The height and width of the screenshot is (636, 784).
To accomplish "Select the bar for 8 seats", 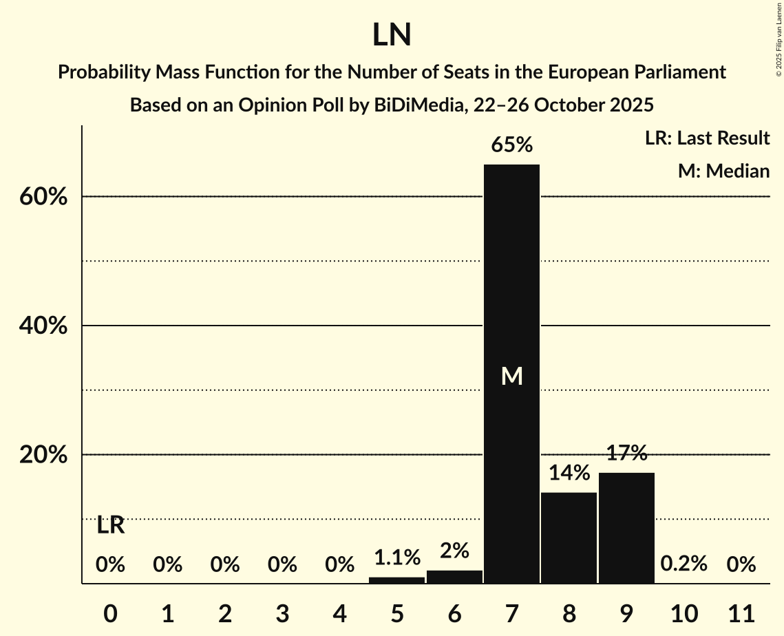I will coord(569,538).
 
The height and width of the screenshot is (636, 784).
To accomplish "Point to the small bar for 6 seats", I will coord(454,577).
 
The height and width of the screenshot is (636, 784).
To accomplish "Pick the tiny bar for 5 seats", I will coord(396,580).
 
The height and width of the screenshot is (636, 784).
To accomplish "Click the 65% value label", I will coord(511,145).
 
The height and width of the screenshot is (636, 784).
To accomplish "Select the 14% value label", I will coord(569,473).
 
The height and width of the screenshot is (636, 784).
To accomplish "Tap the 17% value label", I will coord(626,453).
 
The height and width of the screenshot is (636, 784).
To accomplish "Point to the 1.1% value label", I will coord(396,556).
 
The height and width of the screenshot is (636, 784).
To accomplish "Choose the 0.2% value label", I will coord(684,564).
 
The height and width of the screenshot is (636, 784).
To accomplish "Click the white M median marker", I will coord(511,376).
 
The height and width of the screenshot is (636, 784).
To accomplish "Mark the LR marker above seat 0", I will coord(110,526).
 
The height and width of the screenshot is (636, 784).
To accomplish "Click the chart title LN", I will coord(392,36).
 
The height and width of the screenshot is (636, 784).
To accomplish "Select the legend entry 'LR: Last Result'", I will coord(707,138).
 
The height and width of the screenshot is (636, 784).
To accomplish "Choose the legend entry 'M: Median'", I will coord(723,171).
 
